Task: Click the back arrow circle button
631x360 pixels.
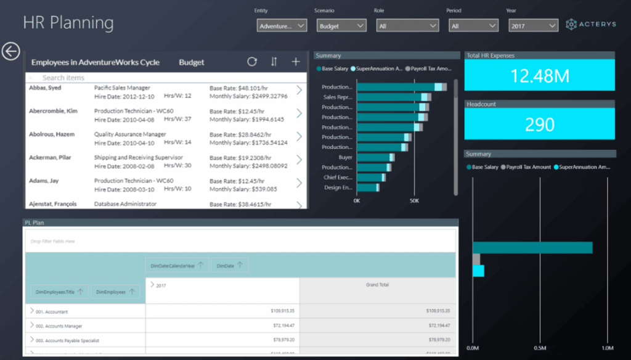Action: pos(10,51)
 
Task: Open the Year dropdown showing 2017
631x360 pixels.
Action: pos(533,26)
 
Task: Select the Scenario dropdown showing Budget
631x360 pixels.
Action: pos(341,26)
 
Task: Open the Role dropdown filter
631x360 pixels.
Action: pos(407,26)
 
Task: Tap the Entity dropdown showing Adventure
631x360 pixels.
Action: pos(282,26)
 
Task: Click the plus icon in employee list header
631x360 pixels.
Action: pos(296,62)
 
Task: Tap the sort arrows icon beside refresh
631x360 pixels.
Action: pos(274,62)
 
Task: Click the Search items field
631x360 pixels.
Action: pos(123,78)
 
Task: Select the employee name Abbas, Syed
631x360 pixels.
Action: pos(45,88)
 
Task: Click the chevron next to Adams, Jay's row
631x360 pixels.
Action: pos(299,183)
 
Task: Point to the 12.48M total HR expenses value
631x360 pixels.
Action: pos(540,76)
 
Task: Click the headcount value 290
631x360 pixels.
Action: pos(540,125)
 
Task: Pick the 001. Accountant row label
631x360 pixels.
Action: pos(52,312)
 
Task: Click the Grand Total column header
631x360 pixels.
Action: pos(377,285)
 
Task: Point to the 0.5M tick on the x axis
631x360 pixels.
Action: pos(540,348)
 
